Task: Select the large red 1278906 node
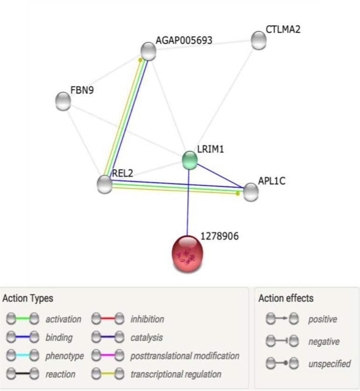point(188,254)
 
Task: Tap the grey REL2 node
point(105,184)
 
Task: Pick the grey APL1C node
point(250,192)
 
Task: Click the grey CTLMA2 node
point(258,41)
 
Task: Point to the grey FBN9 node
point(63,101)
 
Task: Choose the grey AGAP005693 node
point(148,51)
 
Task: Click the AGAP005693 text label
point(184,41)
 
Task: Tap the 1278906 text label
point(219,237)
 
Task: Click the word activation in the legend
point(63,319)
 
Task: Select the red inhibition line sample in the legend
point(108,319)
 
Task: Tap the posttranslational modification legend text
point(185,356)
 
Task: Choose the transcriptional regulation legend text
point(176,374)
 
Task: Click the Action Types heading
point(28,298)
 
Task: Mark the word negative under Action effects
point(324,342)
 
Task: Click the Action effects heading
point(286,298)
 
